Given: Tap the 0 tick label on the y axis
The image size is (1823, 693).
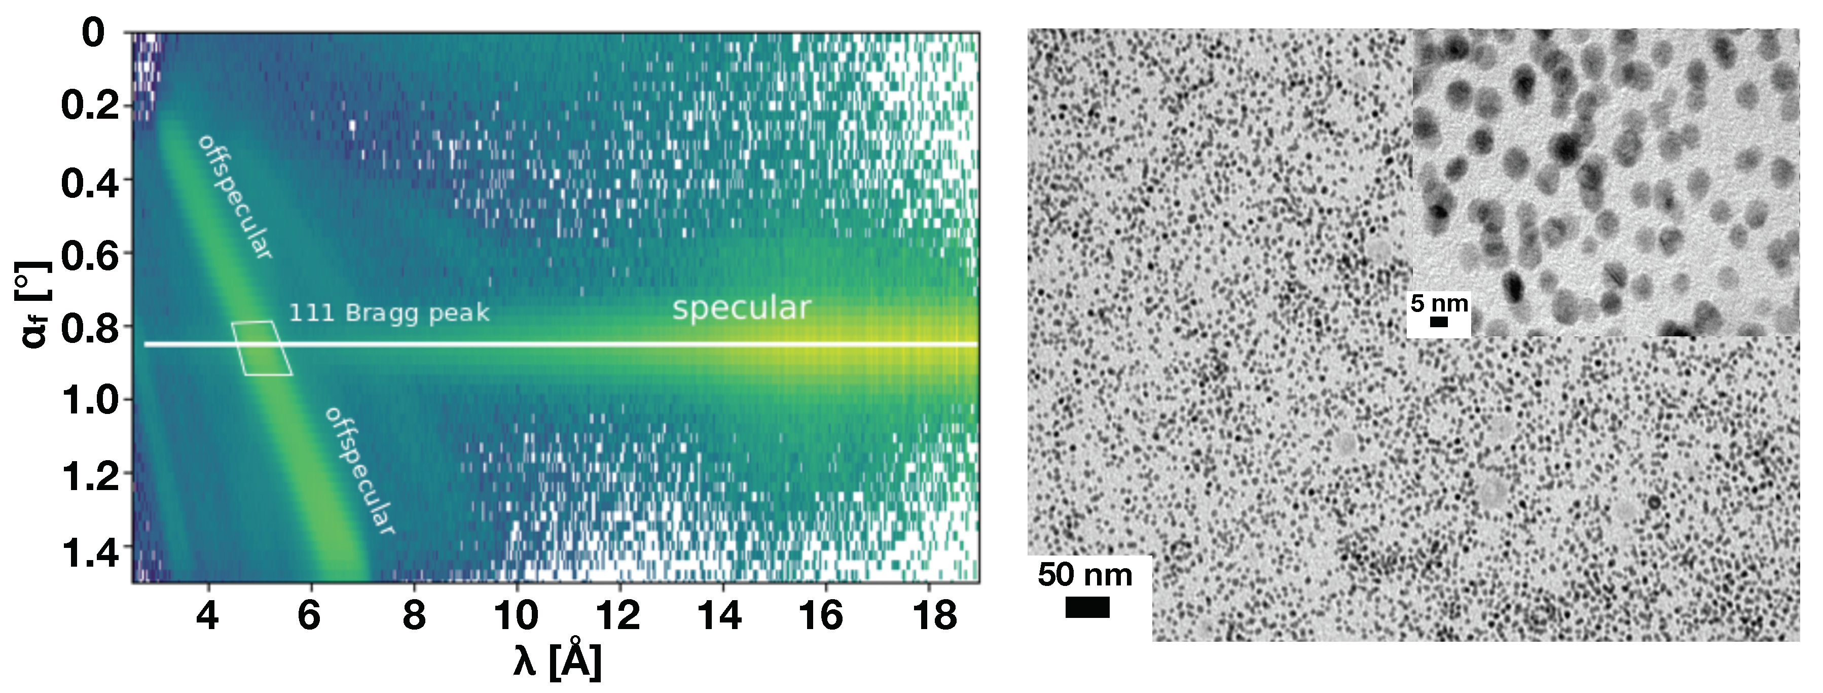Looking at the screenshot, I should pos(93,33).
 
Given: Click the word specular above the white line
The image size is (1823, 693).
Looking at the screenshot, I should pos(741,308).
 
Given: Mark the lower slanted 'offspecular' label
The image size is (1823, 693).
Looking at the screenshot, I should pos(359,470).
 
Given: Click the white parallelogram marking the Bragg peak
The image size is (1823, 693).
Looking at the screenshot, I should pos(262,348).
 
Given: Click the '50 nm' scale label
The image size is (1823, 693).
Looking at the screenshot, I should pos(1084,575).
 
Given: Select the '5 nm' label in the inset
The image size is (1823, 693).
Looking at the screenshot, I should pos(1439,304).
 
